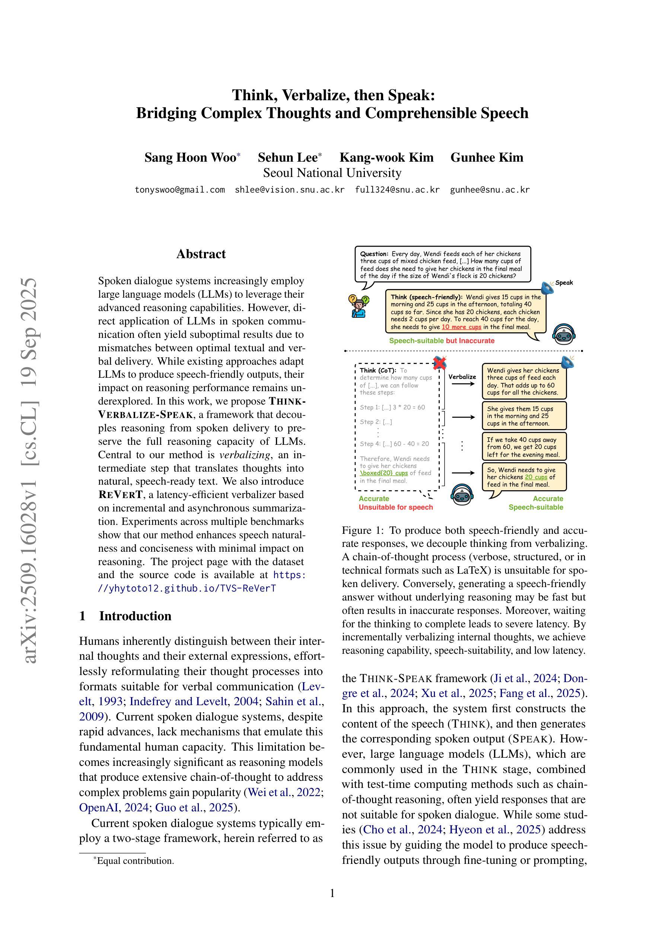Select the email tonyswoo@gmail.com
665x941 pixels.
(179, 190)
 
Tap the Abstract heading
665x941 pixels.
(201, 254)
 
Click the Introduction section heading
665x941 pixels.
(135, 616)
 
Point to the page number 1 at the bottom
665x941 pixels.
(332, 893)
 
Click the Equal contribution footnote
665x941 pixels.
(135, 861)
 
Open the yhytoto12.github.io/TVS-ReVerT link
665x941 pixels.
(187, 589)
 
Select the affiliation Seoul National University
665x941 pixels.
(332, 173)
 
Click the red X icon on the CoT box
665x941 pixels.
(439, 362)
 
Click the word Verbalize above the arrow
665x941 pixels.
(462, 377)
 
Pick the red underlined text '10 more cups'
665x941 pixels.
(461, 327)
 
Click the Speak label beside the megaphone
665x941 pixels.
(564, 283)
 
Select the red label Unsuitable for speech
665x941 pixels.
(395, 507)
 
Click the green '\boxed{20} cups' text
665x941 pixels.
(384, 473)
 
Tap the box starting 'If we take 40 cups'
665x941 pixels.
(524, 447)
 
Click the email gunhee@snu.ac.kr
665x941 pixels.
(490, 190)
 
